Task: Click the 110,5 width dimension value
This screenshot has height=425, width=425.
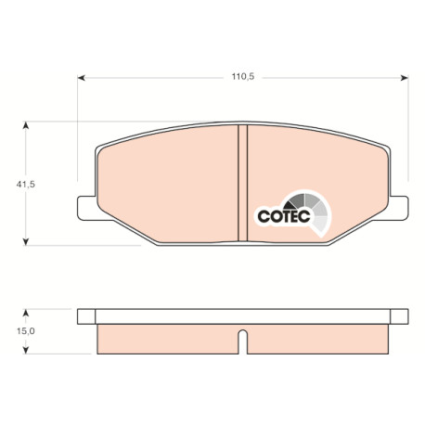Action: tap(243, 77)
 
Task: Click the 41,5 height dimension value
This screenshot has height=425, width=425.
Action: tap(26, 185)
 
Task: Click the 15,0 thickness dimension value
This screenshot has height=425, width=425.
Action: tap(26, 331)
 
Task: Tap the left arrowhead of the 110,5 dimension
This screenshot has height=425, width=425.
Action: tap(81, 78)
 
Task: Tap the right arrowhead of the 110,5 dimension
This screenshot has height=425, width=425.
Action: tap(405, 78)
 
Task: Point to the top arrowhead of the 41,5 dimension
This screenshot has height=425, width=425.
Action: tap(26, 125)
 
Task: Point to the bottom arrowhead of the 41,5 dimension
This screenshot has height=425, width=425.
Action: tap(26, 241)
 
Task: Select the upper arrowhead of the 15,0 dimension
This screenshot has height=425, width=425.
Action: tap(26, 313)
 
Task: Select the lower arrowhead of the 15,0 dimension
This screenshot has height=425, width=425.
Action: tap(26, 350)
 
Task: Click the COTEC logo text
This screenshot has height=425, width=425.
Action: tap(284, 216)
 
